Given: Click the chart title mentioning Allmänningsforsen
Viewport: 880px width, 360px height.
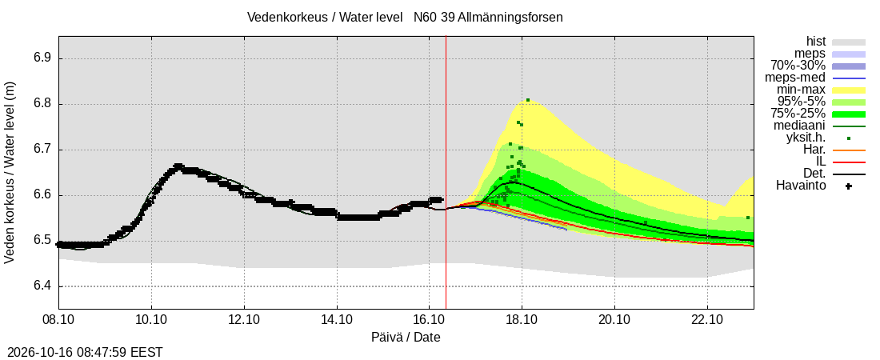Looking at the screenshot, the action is pyautogui.click(x=405, y=18).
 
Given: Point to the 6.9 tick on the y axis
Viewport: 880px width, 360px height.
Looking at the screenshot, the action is pyautogui.click(x=42, y=59).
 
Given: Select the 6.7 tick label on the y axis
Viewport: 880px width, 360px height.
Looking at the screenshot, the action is pyautogui.click(x=42, y=150).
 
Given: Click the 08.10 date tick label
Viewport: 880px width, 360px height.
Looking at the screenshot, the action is pyautogui.click(x=59, y=319).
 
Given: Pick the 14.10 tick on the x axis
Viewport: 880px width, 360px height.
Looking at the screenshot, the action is pyautogui.click(x=337, y=319).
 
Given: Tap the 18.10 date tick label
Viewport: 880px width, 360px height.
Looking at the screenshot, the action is pyautogui.click(x=522, y=319).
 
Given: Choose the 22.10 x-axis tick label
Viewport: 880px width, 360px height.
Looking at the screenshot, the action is pyautogui.click(x=707, y=319).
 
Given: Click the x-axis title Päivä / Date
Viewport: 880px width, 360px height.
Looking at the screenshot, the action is pyautogui.click(x=406, y=338).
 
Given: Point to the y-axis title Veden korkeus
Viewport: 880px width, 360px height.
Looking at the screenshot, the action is pyautogui.click(x=10, y=173).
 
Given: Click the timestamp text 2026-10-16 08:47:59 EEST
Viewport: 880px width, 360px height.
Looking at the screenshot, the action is pyautogui.click(x=82, y=353).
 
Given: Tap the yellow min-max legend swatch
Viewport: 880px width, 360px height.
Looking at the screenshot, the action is pyautogui.click(x=849, y=90).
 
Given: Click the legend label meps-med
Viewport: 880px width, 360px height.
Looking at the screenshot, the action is pyautogui.click(x=794, y=78).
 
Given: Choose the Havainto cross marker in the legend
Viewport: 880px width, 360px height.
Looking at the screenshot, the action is pyautogui.click(x=849, y=186).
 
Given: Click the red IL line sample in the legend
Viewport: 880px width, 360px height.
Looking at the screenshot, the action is pyautogui.click(x=849, y=162).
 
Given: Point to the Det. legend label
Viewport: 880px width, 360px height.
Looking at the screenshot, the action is pyautogui.click(x=814, y=174).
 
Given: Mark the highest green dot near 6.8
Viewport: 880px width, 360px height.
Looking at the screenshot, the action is pyautogui.click(x=528, y=101).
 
